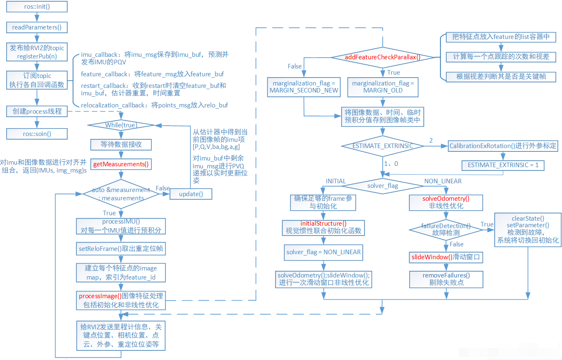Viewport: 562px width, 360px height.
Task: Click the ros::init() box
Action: pyautogui.click(x=37, y=7)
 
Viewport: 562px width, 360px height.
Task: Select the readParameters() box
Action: pyautogui.click(x=37, y=27)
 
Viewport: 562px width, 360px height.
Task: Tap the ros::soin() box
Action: pyautogui.click(x=37, y=133)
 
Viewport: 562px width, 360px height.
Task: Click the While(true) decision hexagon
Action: pyautogui.click(x=121, y=125)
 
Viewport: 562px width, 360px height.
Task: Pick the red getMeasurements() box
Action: pyautogui.click(x=121, y=164)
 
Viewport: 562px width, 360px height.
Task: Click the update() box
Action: pyautogui.click(x=191, y=194)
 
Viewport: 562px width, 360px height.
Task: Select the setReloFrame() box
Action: pyautogui.click(x=120, y=249)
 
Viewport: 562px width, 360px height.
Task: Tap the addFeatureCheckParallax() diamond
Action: pyautogui.click(x=382, y=57)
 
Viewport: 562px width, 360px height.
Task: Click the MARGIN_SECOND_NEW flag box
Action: pyautogui.click(x=304, y=87)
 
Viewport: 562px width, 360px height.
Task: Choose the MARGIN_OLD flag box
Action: pyautogui.click(x=383, y=87)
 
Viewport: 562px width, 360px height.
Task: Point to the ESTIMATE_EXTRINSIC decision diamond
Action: pyautogui.click(x=382, y=146)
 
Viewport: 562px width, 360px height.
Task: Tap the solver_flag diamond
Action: pyautogui.click(x=382, y=185)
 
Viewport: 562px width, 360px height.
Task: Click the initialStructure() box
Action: pyautogui.click(x=323, y=227)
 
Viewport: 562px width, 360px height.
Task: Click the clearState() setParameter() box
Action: pyautogui.click(x=528, y=229)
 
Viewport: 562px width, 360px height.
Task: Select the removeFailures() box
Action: pyautogui.click(x=446, y=279)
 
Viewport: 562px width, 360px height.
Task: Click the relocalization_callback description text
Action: pyautogui.click(x=154, y=105)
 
